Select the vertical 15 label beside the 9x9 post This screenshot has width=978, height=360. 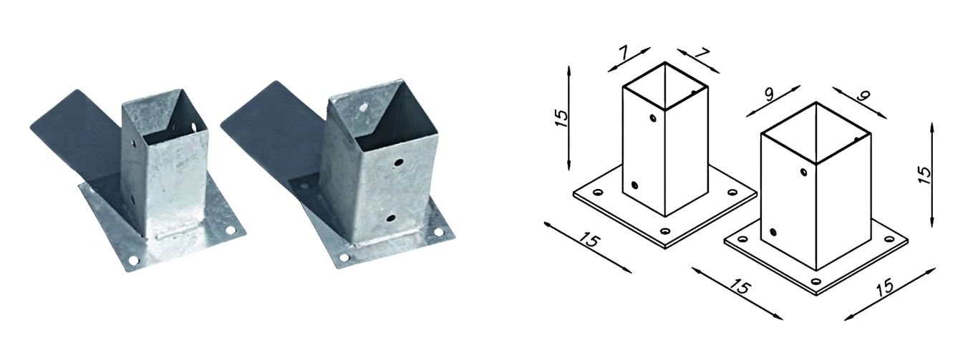click(x=924, y=175)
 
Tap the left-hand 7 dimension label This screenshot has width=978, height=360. click(x=624, y=53)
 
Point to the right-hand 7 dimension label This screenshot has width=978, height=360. click(x=701, y=54)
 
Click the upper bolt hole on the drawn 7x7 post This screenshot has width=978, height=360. click(x=653, y=118)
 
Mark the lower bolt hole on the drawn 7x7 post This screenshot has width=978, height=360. click(x=634, y=185)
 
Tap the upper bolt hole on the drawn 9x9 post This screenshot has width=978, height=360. click(x=803, y=172)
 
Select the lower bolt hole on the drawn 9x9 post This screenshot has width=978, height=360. click(x=773, y=232)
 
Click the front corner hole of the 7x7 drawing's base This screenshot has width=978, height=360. click(x=665, y=231)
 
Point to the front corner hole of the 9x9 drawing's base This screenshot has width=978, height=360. click(x=816, y=281)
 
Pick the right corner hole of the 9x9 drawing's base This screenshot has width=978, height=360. click(x=890, y=239)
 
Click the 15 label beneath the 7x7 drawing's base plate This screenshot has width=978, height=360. click(x=590, y=241)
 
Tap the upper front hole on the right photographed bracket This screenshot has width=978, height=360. click(x=398, y=162)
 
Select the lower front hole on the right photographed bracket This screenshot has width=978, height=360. click(x=391, y=218)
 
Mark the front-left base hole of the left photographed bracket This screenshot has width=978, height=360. click(x=134, y=261)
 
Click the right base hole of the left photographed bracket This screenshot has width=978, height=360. click(x=230, y=230)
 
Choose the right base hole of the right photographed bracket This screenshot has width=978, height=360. click(x=438, y=232)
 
